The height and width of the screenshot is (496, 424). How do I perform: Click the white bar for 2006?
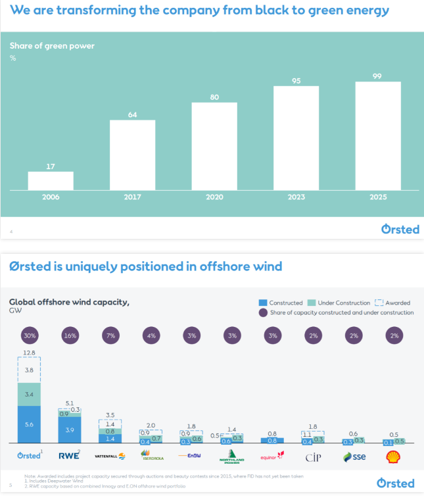(x=51, y=181)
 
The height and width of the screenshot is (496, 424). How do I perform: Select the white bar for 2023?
(x=296, y=138)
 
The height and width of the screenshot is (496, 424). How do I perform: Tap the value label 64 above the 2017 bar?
(x=132, y=114)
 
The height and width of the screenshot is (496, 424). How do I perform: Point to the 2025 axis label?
(x=378, y=197)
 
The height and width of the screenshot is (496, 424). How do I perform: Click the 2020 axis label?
(x=214, y=197)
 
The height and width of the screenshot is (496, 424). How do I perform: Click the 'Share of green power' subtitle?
(x=52, y=46)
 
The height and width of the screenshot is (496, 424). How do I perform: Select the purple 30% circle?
(x=30, y=335)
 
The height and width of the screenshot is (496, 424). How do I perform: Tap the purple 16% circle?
(x=70, y=335)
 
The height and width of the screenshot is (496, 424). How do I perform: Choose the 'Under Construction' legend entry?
(x=339, y=303)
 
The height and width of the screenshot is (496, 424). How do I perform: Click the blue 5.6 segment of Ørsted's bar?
(x=30, y=425)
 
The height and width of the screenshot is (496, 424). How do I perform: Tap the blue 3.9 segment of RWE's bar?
(x=71, y=430)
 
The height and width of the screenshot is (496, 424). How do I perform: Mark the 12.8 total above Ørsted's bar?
(x=30, y=353)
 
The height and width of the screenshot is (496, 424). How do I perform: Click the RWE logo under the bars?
(x=70, y=455)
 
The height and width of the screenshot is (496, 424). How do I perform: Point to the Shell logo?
(x=395, y=456)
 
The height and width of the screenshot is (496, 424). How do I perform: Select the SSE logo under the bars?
(x=356, y=456)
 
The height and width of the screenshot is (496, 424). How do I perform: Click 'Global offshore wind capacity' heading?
(x=69, y=303)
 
